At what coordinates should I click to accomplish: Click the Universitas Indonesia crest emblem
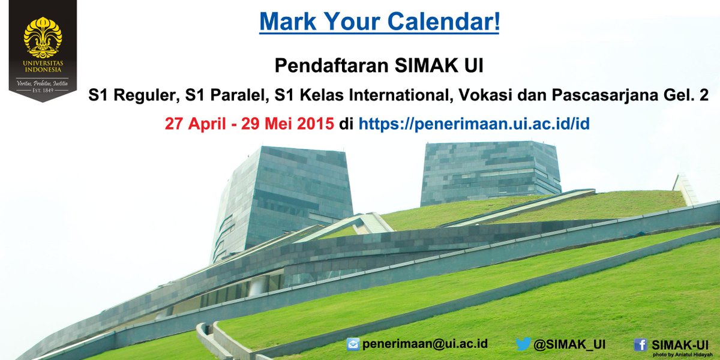coord(43,38)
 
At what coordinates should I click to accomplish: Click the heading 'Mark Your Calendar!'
coord(379,22)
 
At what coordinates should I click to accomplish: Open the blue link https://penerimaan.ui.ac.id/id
coord(474,125)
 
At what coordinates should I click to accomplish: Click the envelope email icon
coord(353,344)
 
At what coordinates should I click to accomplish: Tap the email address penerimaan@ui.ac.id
coord(424,344)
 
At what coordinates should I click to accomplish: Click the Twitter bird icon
coord(523,344)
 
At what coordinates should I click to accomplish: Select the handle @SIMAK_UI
coord(569,344)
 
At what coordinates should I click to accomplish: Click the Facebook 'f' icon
coord(640,344)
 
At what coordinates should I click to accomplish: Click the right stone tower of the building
coord(491,171)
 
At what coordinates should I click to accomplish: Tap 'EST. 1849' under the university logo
coord(43,91)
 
